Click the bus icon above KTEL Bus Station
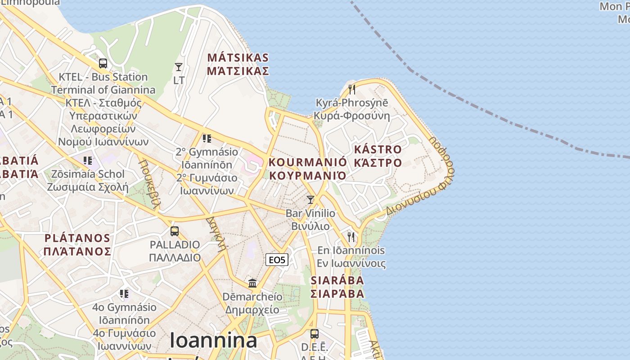(x=103, y=63)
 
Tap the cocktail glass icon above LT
(x=179, y=67)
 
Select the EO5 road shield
(x=277, y=260)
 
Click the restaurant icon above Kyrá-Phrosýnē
(x=352, y=89)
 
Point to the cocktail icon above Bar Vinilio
(x=310, y=199)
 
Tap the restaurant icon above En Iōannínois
(x=351, y=236)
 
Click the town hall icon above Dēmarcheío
(x=252, y=283)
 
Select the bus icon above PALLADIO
(x=175, y=231)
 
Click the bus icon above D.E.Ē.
(x=314, y=334)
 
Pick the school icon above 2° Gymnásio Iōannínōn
(x=207, y=138)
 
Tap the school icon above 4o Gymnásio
(x=124, y=294)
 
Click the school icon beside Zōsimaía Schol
(x=88, y=160)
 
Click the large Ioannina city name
(x=214, y=340)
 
